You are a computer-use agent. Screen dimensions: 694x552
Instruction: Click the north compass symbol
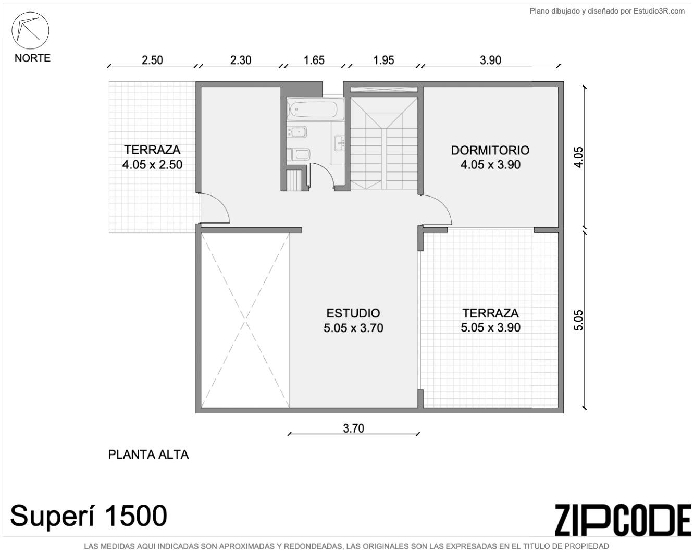pyautogui.click(x=30, y=31)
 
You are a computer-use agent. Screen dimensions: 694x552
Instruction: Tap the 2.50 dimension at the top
pyautogui.click(x=152, y=60)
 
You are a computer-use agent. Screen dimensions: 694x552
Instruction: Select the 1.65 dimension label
pyautogui.click(x=314, y=60)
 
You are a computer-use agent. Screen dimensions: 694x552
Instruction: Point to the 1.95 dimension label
pyautogui.click(x=383, y=60)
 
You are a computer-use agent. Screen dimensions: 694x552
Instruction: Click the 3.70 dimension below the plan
pyautogui.click(x=353, y=428)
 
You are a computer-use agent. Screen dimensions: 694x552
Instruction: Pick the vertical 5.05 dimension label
pyautogui.click(x=578, y=320)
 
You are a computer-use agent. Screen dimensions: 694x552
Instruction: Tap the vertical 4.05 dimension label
pyautogui.click(x=578, y=157)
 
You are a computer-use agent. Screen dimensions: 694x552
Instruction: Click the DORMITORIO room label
pyautogui.click(x=490, y=150)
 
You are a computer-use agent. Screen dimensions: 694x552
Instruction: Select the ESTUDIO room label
pyautogui.click(x=353, y=313)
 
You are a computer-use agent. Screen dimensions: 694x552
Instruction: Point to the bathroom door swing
pyautogui.click(x=322, y=175)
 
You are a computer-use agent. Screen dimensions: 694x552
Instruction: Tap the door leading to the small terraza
pyautogui.click(x=215, y=208)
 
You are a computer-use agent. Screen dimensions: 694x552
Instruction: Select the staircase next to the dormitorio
pyautogui.click(x=384, y=143)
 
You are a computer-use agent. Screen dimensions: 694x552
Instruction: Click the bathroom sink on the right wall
pyautogui.click(x=339, y=143)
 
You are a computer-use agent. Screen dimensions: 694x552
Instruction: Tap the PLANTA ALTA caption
pyautogui.click(x=148, y=455)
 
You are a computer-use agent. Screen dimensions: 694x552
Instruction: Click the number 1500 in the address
pyautogui.click(x=136, y=516)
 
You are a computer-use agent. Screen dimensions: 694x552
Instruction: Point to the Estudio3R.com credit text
pyautogui.click(x=659, y=11)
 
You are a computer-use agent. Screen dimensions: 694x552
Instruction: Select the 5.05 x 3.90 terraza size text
pyautogui.click(x=490, y=327)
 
